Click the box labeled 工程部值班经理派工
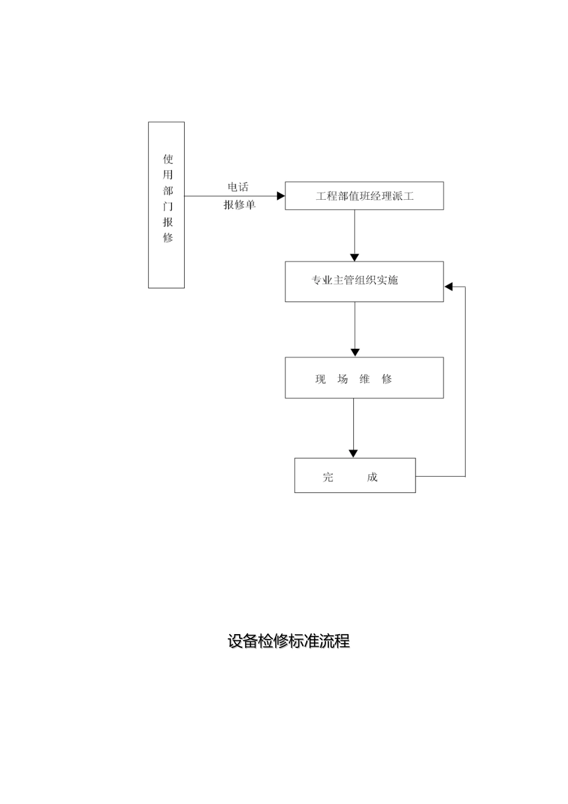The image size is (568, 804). [x=364, y=196]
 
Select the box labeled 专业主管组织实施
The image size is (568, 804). [x=364, y=281]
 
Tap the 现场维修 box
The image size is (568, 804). [x=364, y=377]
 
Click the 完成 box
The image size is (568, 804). [x=355, y=476]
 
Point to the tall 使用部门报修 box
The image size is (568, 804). [x=166, y=205]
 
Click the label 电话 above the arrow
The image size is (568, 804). [x=237, y=187]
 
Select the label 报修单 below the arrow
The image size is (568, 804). [x=239, y=205]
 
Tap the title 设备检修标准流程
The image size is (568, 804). [x=288, y=641]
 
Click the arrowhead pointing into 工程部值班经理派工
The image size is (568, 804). [x=281, y=196]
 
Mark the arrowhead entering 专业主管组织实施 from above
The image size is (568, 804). [x=355, y=258]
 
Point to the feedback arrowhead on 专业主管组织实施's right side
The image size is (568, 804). [x=448, y=287]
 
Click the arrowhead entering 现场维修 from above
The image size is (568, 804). [x=355, y=353]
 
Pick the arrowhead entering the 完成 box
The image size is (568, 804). [x=353, y=454]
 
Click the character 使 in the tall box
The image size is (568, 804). [x=168, y=159]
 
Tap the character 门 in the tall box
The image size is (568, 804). [x=168, y=206]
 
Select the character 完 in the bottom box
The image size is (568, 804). [x=328, y=477]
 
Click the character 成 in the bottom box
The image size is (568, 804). [x=372, y=477]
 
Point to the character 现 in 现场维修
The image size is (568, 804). [x=320, y=379]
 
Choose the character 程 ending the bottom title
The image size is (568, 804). [x=343, y=641]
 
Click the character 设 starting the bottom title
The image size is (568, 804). [x=234, y=641]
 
